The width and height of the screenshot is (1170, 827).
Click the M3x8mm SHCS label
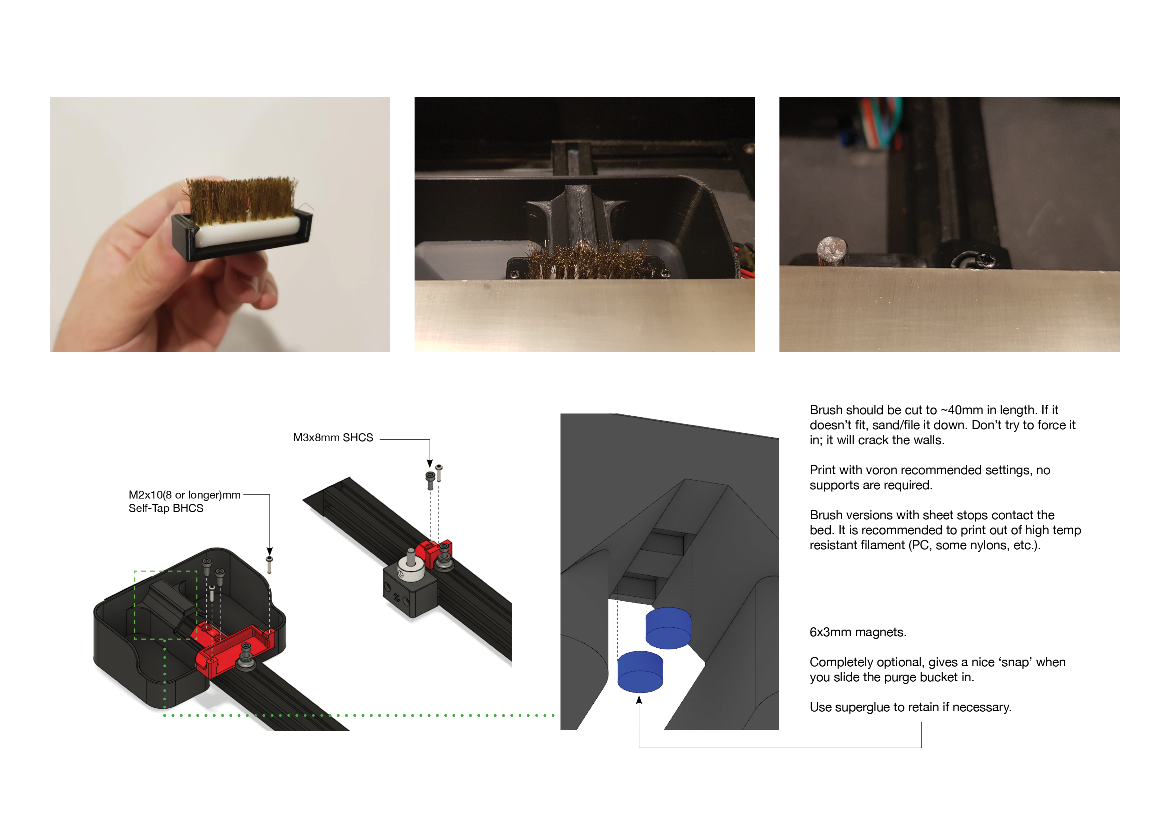(x=333, y=438)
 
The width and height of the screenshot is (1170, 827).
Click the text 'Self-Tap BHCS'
(x=166, y=509)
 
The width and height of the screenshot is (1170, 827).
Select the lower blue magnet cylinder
(x=640, y=672)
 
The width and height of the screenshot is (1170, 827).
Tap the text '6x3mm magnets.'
(x=857, y=632)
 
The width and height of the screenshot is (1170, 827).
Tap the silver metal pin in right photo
(x=832, y=251)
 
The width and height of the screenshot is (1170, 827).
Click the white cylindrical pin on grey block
(x=410, y=566)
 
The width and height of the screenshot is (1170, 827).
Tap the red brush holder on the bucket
(x=234, y=650)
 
